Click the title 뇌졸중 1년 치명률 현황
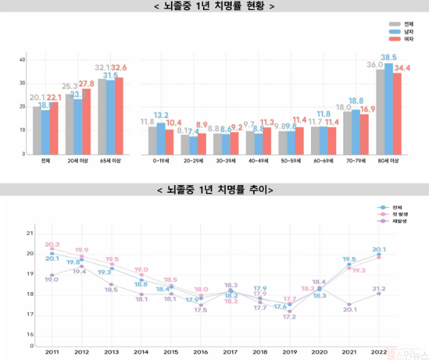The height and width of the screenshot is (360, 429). coord(214,6)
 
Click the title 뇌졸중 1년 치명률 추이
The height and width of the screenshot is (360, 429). coord(214,190)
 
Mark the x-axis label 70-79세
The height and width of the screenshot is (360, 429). coord(355,161)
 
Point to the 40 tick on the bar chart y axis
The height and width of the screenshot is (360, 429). coord(23,59)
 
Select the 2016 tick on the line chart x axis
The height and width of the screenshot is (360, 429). coord(201,353)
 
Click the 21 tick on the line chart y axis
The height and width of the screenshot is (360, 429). coord(29,234)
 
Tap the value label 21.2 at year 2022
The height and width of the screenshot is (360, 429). coord(379,289)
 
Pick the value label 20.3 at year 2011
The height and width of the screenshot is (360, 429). coord(52,244)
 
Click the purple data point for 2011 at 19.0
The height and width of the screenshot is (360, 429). coord(52,275)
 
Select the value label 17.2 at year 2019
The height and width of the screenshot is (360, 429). coord(290,316)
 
